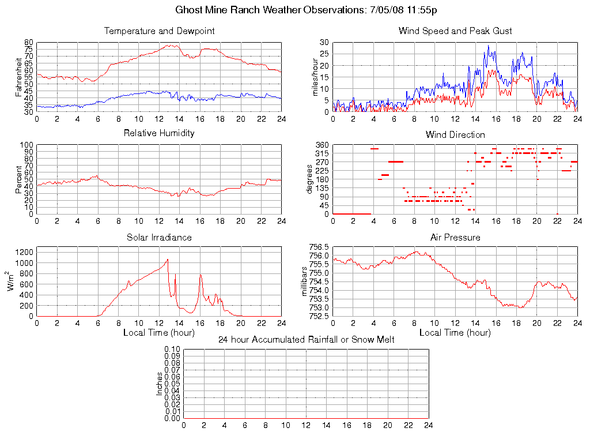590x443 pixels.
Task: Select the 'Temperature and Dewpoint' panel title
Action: (x=159, y=31)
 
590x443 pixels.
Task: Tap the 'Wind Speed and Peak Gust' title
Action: (x=455, y=31)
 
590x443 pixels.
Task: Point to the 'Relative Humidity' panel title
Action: (x=159, y=133)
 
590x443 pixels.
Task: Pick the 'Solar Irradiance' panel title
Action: (x=159, y=238)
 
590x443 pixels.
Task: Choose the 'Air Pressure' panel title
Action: (x=455, y=238)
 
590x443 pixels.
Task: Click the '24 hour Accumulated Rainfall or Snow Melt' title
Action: (x=307, y=340)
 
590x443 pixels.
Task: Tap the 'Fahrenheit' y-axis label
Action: (x=18, y=77)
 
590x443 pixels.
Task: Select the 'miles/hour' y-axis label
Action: (x=315, y=77)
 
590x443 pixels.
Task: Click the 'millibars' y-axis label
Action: (x=305, y=281)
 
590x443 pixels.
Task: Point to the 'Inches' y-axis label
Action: (x=160, y=384)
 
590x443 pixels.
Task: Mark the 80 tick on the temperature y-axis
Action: (x=29, y=43)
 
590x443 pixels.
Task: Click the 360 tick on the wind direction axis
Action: (x=321, y=145)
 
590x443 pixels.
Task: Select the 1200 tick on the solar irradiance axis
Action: (x=25, y=252)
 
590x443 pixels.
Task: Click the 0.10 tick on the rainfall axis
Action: (x=172, y=350)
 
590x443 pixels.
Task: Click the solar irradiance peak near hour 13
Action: (x=168, y=260)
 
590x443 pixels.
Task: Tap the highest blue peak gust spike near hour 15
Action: (x=488, y=46)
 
